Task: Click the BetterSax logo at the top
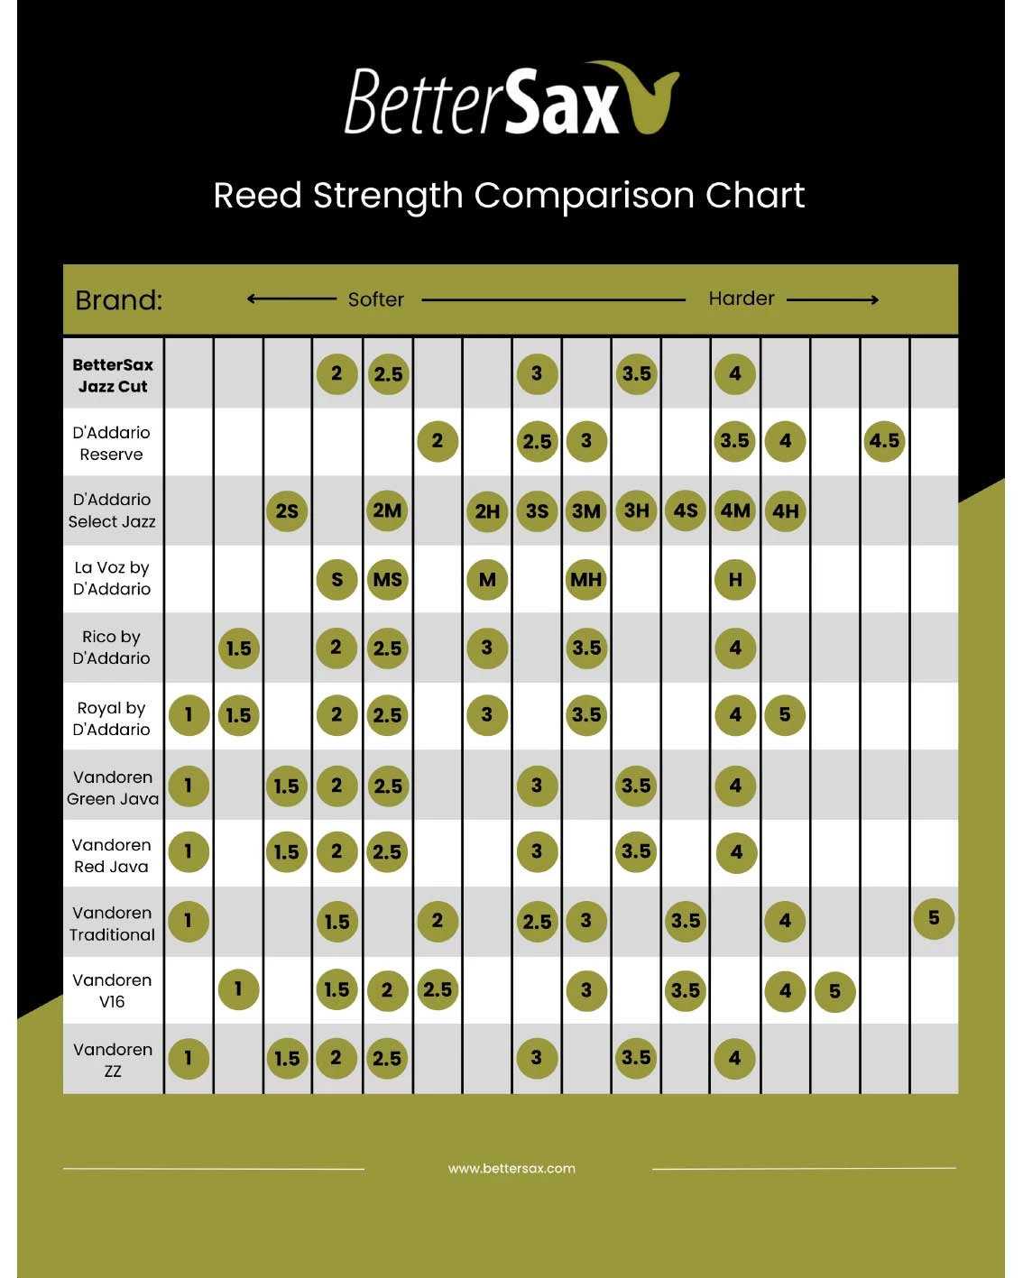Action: tap(511, 100)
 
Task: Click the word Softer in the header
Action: tap(375, 299)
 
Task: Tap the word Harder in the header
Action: tap(741, 299)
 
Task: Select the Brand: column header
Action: tap(119, 300)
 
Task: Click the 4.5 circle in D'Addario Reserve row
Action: tap(884, 441)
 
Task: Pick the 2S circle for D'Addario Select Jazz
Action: tap(287, 511)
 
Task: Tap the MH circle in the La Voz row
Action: tap(586, 580)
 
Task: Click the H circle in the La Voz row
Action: tap(735, 580)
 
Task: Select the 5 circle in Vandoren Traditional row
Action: tap(934, 918)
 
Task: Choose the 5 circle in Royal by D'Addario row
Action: tap(785, 715)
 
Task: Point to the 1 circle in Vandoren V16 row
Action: tap(238, 989)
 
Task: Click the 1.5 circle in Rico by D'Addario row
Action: tap(238, 648)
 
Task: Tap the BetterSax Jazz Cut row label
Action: tap(113, 375)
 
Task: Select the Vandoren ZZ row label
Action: tap(113, 1060)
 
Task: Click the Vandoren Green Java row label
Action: tap(113, 787)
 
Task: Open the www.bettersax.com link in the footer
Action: tap(511, 1168)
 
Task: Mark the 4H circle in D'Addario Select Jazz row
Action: tap(785, 511)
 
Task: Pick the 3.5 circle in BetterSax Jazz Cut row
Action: tap(636, 373)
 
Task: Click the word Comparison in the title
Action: tap(585, 195)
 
